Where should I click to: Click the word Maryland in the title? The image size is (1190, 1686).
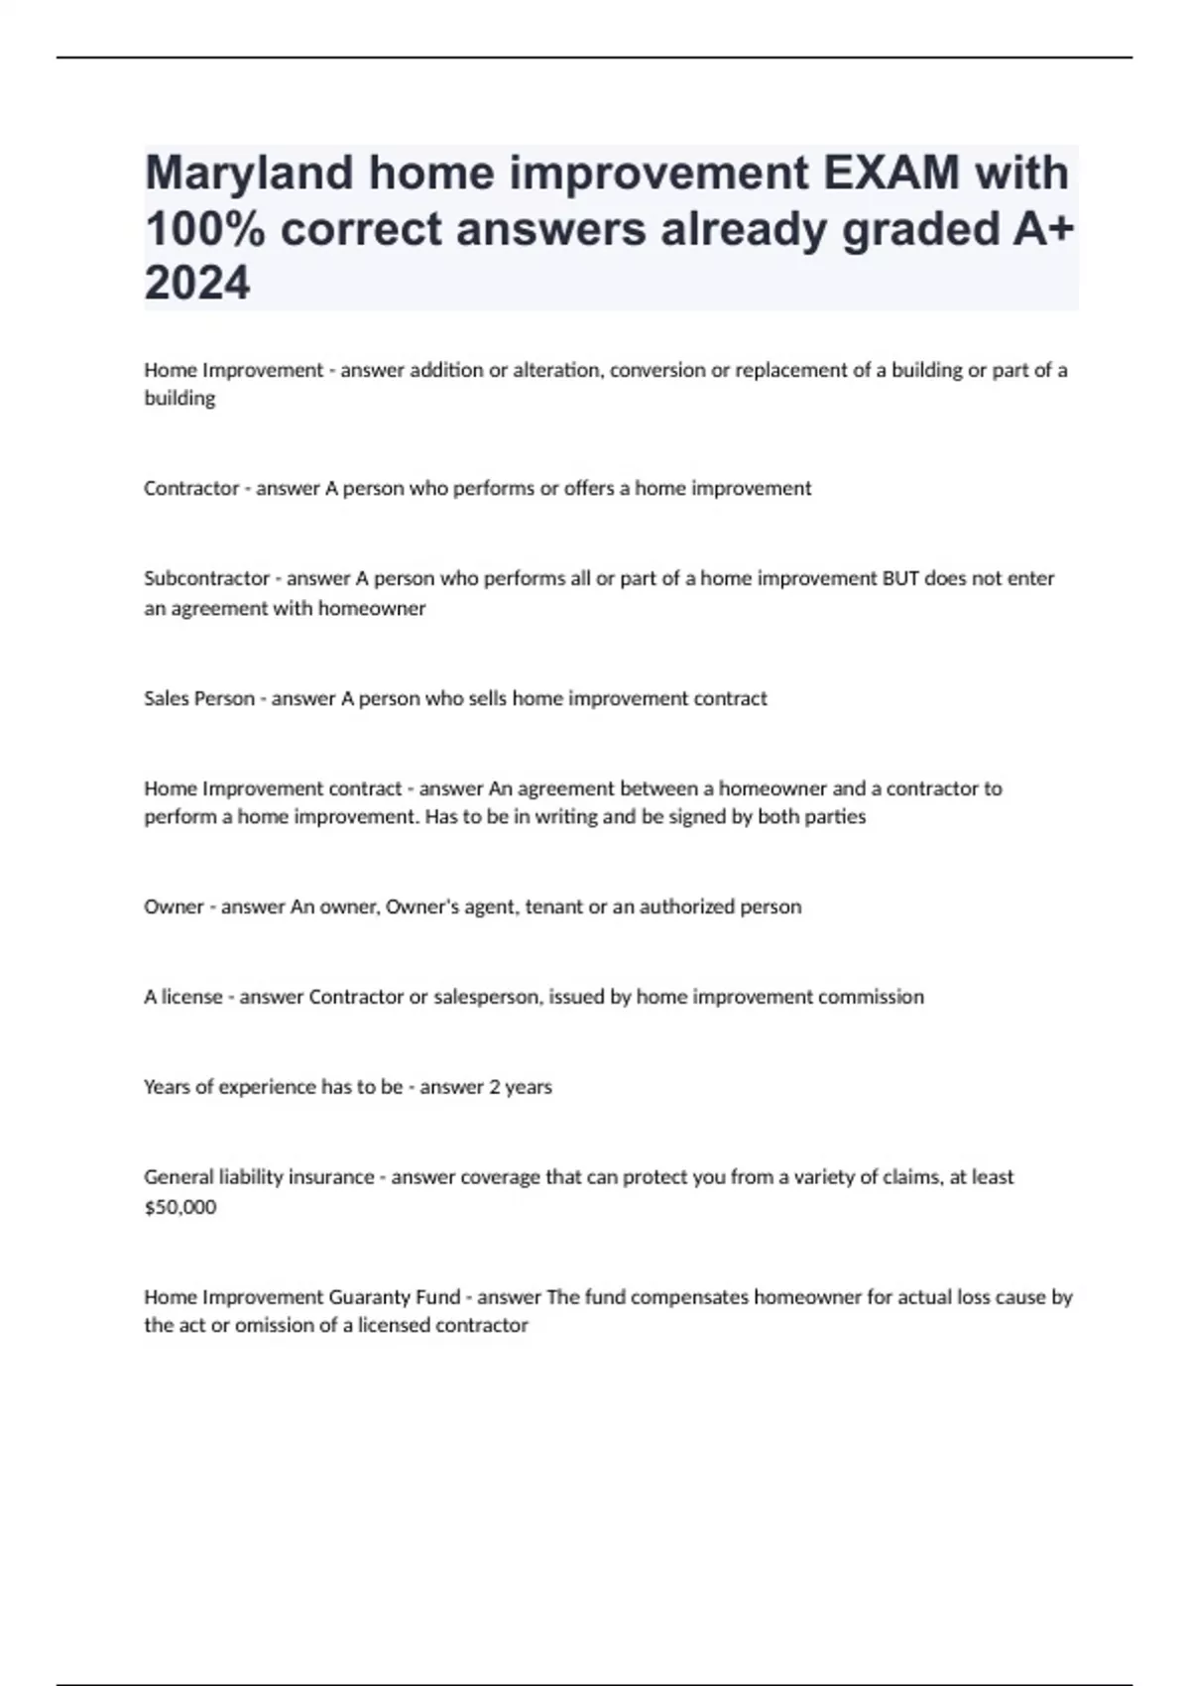(x=249, y=175)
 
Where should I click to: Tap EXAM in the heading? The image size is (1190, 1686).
(x=890, y=175)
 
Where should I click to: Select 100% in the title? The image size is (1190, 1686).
(x=206, y=230)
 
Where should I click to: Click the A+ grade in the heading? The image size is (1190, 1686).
(x=1043, y=230)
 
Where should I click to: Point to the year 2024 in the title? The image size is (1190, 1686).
(x=197, y=285)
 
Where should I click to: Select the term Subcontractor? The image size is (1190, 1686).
(x=206, y=578)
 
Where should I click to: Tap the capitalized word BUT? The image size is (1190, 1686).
(x=900, y=578)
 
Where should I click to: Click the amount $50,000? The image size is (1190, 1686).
(x=179, y=1207)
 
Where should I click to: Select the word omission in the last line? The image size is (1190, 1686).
(x=275, y=1325)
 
